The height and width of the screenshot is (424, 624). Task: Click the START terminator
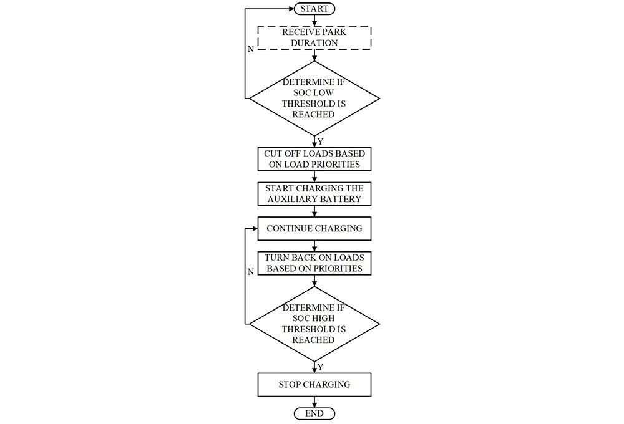[x=314, y=9]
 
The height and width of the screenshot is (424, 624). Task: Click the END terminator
[x=314, y=413]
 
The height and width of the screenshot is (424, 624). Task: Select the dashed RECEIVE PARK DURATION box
[x=314, y=38]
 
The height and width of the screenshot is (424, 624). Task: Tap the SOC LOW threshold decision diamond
[x=314, y=99]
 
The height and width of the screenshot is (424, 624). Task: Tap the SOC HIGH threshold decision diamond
[x=314, y=324]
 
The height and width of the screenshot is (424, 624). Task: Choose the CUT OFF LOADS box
[x=314, y=159]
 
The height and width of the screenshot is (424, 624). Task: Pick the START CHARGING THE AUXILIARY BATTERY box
[x=314, y=194]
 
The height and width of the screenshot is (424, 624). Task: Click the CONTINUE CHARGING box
[x=314, y=229]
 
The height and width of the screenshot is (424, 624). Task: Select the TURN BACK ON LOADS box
[x=314, y=263]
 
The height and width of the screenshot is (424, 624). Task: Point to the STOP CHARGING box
[x=314, y=385]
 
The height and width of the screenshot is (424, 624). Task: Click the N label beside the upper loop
[x=251, y=49]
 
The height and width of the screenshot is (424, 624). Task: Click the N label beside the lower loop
[x=251, y=272]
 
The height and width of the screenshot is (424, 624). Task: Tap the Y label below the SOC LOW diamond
[x=321, y=142]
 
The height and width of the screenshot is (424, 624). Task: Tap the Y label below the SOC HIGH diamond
[x=321, y=367]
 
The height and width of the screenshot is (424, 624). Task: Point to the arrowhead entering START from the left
[x=291, y=9]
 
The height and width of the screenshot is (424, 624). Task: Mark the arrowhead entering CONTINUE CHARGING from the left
[x=255, y=229]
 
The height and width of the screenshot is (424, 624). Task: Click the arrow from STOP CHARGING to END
[x=314, y=402]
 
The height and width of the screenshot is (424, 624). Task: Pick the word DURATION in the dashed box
[x=314, y=43]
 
